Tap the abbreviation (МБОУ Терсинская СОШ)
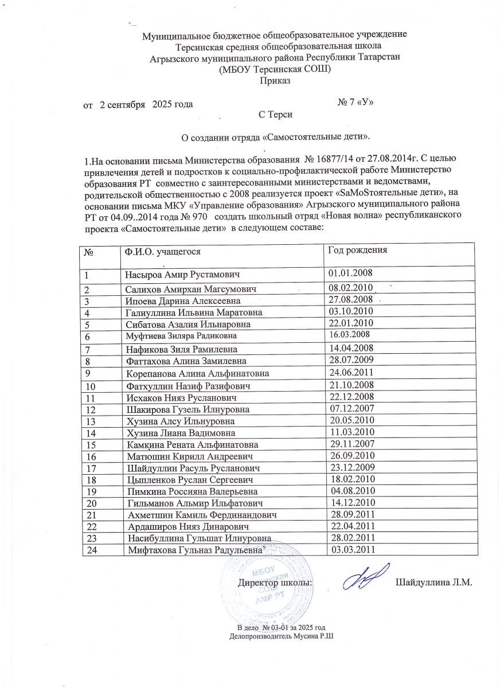[x=275, y=69]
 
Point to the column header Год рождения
[x=357, y=250]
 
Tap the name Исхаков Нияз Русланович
[x=181, y=397]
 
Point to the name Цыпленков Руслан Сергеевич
[x=190, y=479]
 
